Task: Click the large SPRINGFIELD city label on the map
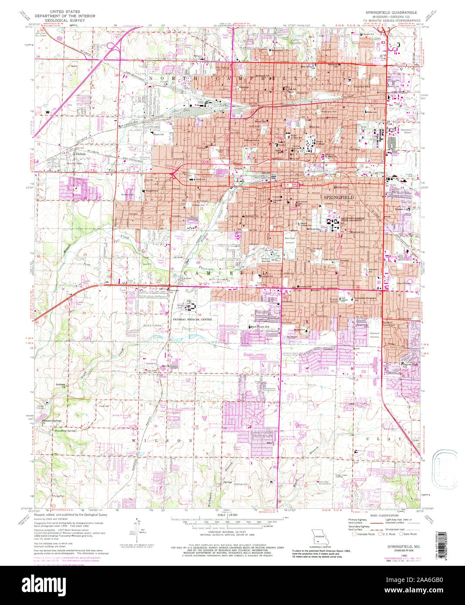point(339,197)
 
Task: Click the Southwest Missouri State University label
point(346,218)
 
